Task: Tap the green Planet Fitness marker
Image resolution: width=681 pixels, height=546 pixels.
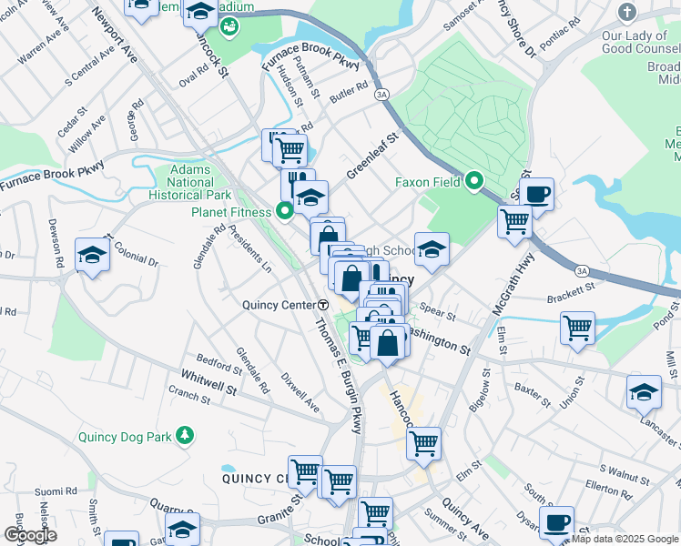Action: (x=285, y=212)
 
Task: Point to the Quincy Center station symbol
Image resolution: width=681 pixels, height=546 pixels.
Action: (x=323, y=305)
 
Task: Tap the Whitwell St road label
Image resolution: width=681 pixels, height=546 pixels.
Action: (x=208, y=375)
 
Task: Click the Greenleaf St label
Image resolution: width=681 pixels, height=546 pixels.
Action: (x=373, y=157)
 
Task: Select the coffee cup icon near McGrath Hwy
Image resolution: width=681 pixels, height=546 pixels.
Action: (x=536, y=193)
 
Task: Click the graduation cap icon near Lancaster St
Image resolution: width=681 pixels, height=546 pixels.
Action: (x=644, y=391)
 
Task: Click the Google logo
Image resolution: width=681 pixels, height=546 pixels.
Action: (x=30, y=535)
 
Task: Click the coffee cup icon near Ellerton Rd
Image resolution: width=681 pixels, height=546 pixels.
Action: (x=556, y=522)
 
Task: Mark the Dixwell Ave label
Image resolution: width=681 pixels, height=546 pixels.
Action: (x=300, y=389)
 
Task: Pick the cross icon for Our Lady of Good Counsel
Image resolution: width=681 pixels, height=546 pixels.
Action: (x=626, y=13)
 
